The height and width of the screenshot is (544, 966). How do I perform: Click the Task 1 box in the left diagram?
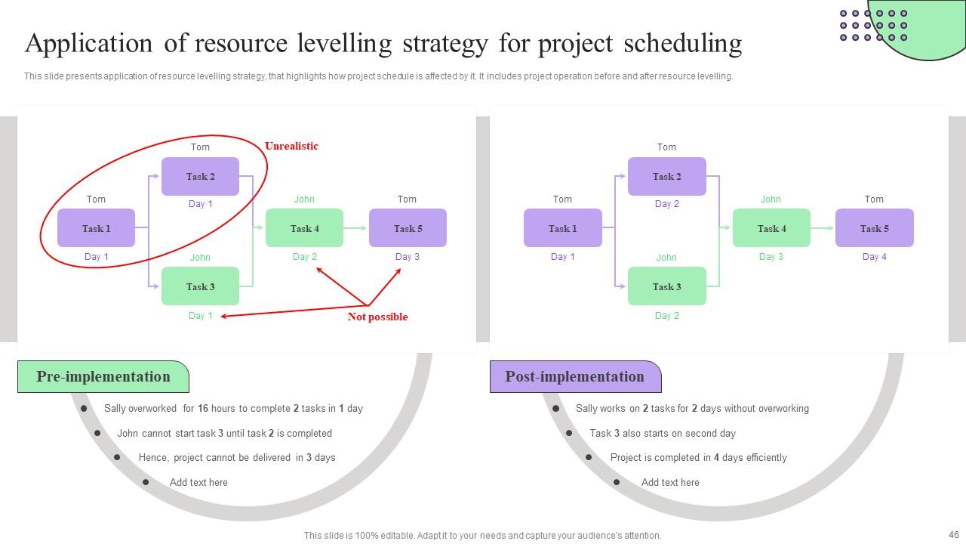[96, 228]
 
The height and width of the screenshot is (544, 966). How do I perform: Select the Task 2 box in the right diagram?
[666, 177]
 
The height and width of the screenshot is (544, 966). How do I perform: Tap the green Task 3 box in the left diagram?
[200, 286]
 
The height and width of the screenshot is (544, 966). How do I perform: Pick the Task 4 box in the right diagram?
[771, 228]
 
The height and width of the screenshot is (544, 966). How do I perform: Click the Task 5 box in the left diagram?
[408, 228]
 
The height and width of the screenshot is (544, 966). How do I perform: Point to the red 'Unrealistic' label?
[291, 146]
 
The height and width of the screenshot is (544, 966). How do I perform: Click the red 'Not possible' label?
[377, 317]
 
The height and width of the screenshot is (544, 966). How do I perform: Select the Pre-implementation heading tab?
[103, 377]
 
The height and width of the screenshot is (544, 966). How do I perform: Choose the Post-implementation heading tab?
[574, 377]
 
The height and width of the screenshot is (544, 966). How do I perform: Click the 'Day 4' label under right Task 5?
[875, 257]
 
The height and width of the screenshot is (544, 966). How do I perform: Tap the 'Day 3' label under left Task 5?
[408, 257]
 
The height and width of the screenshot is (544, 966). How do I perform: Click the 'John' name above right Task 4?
[771, 199]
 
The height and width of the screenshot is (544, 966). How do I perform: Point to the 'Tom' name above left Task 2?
[200, 147]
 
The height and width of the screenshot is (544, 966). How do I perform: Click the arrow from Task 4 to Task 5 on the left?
[355, 228]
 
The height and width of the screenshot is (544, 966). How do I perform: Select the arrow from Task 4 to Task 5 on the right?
[823, 228]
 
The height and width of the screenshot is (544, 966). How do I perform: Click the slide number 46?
[953, 534]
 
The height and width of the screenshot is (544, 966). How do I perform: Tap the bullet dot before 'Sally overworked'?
[85, 409]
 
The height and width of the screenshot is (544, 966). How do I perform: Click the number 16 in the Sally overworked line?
[203, 409]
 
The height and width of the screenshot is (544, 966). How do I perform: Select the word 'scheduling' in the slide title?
[683, 44]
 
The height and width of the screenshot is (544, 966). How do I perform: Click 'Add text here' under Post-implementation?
[670, 482]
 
